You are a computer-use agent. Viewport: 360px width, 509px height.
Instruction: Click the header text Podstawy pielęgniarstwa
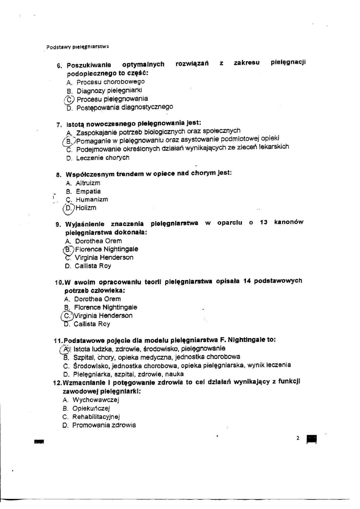tap(78, 47)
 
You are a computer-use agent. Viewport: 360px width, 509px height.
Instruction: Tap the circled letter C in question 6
tap(69, 99)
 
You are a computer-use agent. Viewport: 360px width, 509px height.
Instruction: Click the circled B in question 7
tap(69, 141)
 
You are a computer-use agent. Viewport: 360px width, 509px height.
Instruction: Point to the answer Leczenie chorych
tap(102, 158)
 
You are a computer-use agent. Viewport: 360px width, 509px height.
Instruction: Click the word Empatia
tap(88, 191)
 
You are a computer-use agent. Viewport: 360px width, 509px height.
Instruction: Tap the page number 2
tap(298, 438)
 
